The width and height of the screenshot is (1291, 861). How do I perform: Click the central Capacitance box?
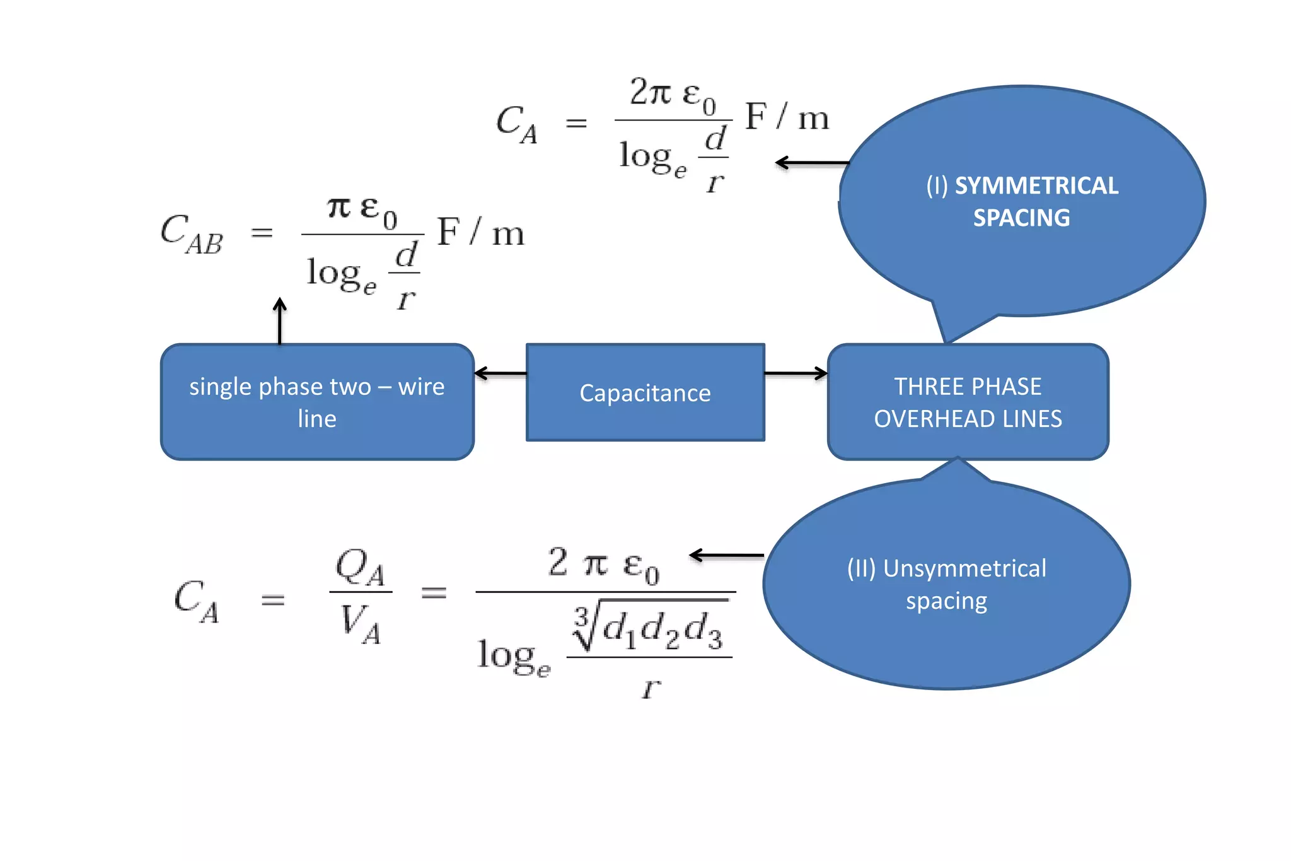pyautogui.click(x=645, y=392)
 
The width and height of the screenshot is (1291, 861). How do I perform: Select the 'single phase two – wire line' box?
pyautogui.click(x=317, y=402)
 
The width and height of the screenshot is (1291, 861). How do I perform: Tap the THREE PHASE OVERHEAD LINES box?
pyautogui.click(x=968, y=402)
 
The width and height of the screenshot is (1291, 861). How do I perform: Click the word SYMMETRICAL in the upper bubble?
pyautogui.click(x=1036, y=185)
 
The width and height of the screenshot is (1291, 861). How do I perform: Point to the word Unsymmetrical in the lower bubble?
pyautogui.click(x=964, y=568)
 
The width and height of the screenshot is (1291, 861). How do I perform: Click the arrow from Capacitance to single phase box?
pyautogui.click(x=500, y=373)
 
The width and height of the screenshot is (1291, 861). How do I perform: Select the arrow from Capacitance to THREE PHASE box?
pyautogui.click(x=796, y=373)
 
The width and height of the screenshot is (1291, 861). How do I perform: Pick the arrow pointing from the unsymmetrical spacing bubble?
pyautogui.click(x=726, y=556)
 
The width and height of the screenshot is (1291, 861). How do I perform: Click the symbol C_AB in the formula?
pyautogui.click(x=192, y=233)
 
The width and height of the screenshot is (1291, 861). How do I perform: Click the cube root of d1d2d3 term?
pyautogui.click(x=649, y=628)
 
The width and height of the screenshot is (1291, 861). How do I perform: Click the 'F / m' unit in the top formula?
pyautogui.click(x=787, y=117)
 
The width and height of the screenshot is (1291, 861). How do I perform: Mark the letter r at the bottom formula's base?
pyautogui.click(x=651, y=687)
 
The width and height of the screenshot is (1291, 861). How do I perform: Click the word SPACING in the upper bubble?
pyautogui.click(x=1021, y=218)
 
